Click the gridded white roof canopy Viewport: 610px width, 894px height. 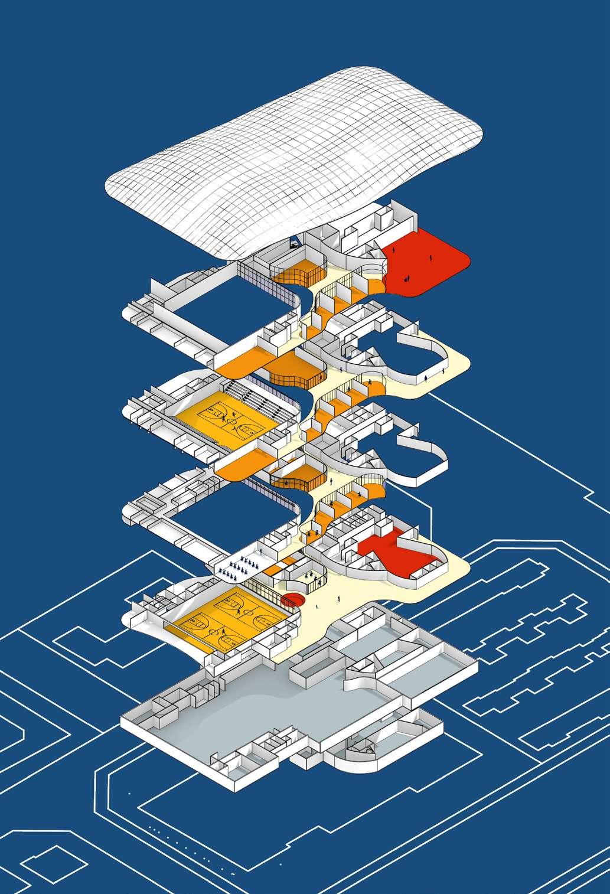click(x=295, y=159)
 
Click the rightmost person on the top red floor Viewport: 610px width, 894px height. click(x=430, y=257)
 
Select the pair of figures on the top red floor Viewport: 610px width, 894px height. click(x=406, y=278)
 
